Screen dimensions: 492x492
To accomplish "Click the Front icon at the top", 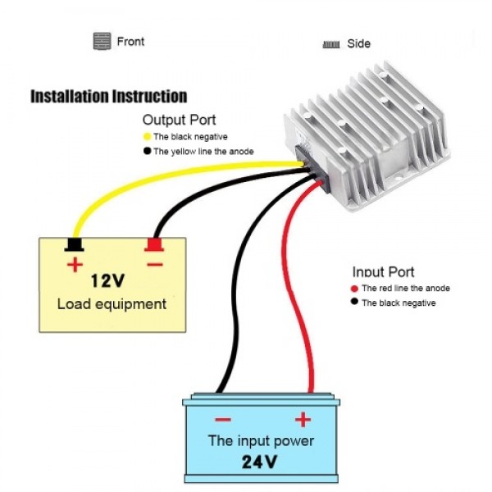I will pos(102,41).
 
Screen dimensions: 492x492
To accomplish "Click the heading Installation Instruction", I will pos(108,97).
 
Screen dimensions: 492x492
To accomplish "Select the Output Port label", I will pos(179,120).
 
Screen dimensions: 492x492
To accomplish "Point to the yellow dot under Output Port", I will pos(147,137).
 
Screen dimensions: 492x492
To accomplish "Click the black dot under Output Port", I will pos(147,151).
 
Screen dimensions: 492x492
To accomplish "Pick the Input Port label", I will pos(383,272).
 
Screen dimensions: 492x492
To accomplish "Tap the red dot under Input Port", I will pos(354,289).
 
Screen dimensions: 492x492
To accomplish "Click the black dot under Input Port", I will pos(354,303).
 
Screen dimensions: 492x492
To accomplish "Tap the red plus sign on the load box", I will pos(75,264).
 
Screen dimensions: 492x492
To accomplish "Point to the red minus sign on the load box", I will pos(154,264).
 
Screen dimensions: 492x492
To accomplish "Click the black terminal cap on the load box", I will pos(75,244).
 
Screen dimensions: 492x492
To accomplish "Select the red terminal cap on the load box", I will pos(153,244).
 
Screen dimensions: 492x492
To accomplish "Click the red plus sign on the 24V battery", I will pos(303,420).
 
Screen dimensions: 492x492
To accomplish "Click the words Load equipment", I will pos(112,304).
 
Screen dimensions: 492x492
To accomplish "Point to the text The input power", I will pos(261,440).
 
